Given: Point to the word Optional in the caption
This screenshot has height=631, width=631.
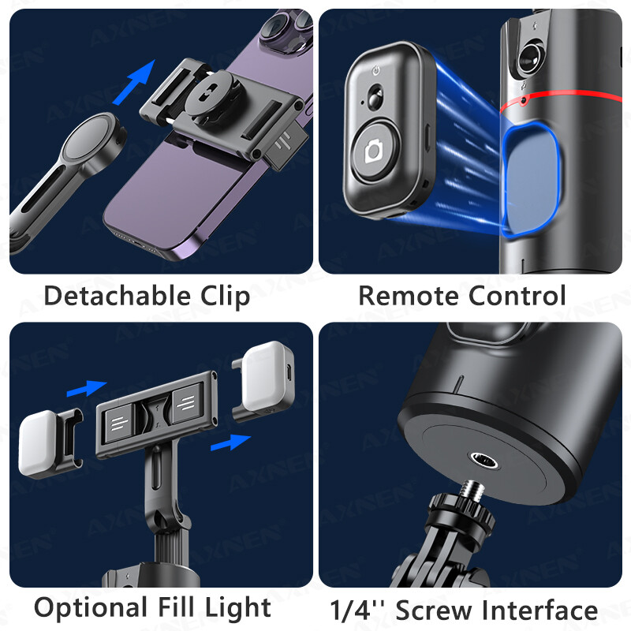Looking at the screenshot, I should [86, 608].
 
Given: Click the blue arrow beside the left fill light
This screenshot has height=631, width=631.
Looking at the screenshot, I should [85, 389].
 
